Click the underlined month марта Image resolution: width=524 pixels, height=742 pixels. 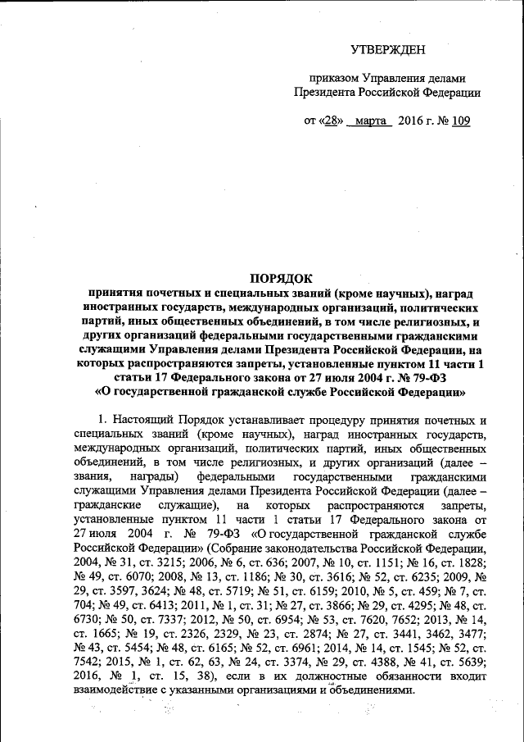point(371,121)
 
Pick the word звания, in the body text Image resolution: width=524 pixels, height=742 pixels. point(90,476)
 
